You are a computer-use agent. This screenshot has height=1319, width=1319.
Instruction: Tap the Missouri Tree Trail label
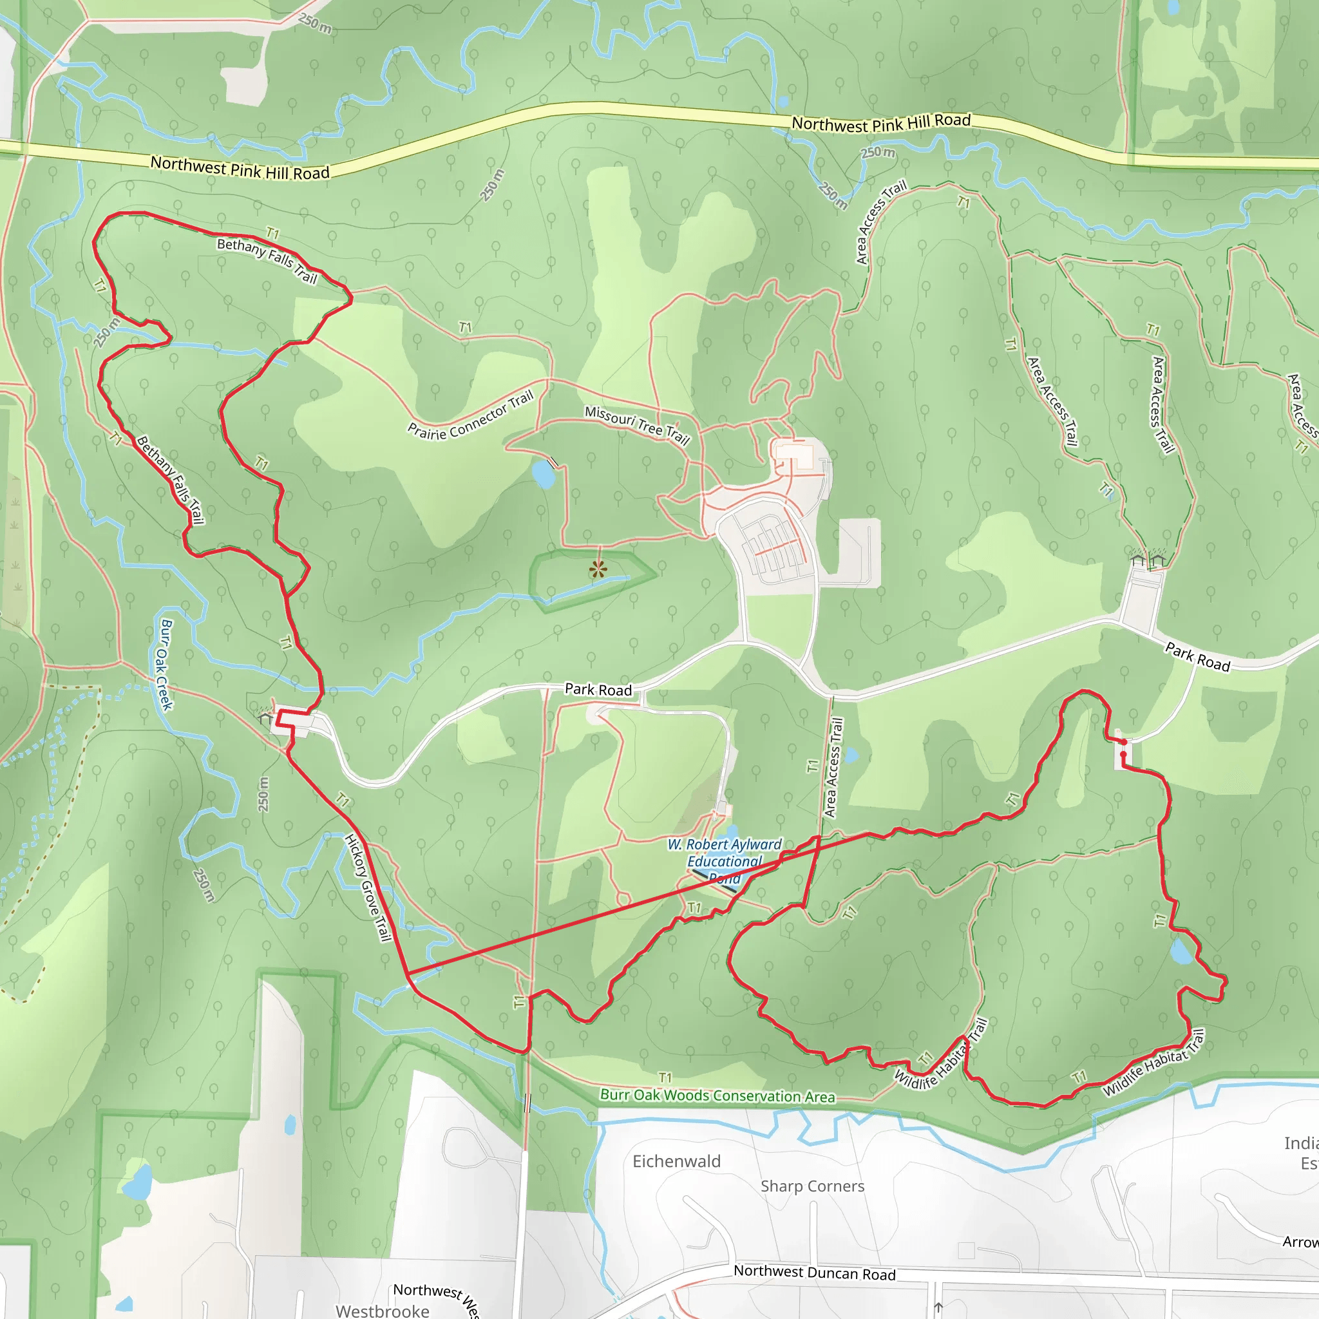(x=637, y=424)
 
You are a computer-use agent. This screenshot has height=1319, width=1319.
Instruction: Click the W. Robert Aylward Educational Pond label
(x=724, y=861)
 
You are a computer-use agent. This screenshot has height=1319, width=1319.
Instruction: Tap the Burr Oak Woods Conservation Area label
(x=717, y=1095)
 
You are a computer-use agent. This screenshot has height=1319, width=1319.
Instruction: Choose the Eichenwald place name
(x=676, y=1161)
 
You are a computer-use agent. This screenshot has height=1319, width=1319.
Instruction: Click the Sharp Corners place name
(x=812, y=1186)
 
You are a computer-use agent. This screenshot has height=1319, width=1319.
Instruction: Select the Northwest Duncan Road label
(x=814, y=1273)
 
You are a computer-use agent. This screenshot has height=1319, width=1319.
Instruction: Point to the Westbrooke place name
(x=383, y=1311)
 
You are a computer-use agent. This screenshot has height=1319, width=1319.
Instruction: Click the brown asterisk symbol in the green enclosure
(x=598, y=569)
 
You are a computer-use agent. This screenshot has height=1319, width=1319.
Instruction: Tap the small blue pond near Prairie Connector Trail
(x=544, y=474)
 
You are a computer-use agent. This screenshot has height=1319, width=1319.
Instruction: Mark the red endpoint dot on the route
(x=1123, y=742)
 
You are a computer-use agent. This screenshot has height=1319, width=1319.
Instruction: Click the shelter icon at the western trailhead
(x=265, y=717)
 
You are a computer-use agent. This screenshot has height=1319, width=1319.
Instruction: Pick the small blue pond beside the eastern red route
(x=1182, y=952)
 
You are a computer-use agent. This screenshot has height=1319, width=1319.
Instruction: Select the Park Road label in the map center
(x=598, y=690)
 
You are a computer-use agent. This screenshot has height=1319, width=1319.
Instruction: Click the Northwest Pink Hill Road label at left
(x=240, y=168)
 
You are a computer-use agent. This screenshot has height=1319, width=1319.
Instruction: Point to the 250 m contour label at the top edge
(x=315, y=23)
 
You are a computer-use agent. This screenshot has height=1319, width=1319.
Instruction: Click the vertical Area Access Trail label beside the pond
(x=833, y=767)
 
